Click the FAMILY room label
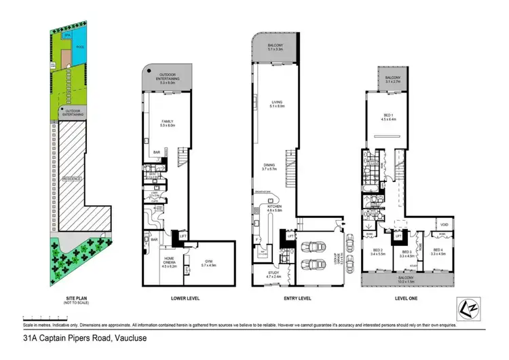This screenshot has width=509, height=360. point(168,123)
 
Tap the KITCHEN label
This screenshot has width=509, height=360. point(275,210)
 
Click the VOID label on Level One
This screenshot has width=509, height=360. point(444,225)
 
